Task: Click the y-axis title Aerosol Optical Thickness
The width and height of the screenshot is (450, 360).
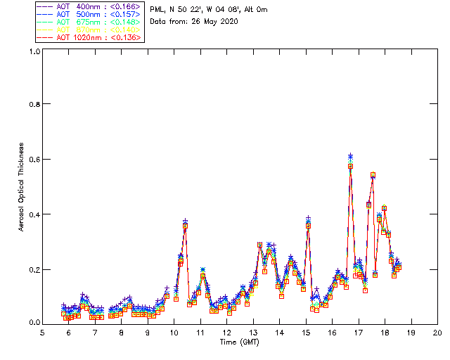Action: click(x=22, y=186)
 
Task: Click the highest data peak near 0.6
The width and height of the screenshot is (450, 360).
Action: click(x=350, y=156)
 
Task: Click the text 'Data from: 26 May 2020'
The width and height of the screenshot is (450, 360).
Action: click(x=194, y=21)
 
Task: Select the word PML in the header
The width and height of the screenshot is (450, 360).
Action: click(x=157, y=9)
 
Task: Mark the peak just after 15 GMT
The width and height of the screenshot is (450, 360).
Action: click(x=308, y=220)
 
